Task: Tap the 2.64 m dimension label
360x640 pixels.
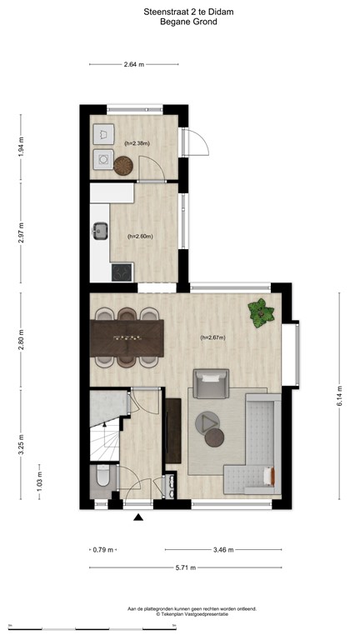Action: click(133, 64)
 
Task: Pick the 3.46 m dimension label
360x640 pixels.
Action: click(223, 549)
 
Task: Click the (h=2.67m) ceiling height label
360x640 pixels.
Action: click(212, 337)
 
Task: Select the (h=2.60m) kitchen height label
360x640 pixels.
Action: click(140, 236)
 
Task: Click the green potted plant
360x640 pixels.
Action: click(262, 312)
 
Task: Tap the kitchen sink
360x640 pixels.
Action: click(102, 229)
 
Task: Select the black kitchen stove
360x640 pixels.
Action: click(122, 272)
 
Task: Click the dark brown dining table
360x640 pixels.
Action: click(127, 337)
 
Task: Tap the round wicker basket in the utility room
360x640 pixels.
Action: click(124, 165)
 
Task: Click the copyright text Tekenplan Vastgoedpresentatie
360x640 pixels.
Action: click(192, 614)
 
